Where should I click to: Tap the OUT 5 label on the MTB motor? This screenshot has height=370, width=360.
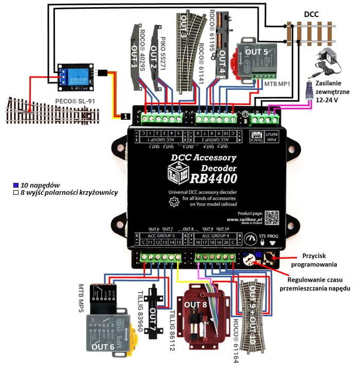click(x=259, y=51)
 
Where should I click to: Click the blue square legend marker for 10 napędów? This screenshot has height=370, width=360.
click(x=16, y=184)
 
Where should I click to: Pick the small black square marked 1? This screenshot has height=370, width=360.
click(x=124, y=117)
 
